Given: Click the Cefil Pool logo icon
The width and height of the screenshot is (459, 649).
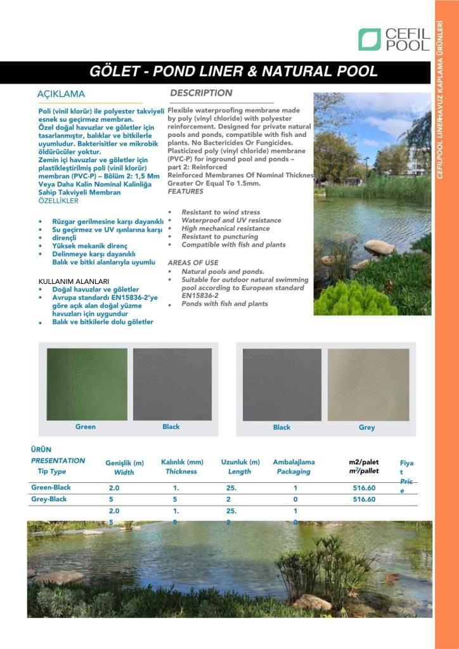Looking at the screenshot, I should (369, 39).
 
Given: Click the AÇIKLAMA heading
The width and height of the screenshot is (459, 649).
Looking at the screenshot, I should (61, 94).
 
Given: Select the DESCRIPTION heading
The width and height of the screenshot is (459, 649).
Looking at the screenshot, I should (201, 93).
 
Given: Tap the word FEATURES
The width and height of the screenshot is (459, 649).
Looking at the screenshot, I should (186, 191).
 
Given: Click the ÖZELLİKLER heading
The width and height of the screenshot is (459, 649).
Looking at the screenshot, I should (58, 201).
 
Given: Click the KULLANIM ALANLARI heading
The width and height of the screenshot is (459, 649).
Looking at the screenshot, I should (74, 280).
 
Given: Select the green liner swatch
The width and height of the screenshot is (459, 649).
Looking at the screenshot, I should (86, 384).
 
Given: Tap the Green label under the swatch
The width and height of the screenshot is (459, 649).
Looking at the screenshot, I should (86, 427).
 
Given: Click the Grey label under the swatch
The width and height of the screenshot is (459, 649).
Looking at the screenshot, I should (367, 427).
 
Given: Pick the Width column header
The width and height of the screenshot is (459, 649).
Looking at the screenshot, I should (124, 472).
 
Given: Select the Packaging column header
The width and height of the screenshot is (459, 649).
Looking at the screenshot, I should (294, 472).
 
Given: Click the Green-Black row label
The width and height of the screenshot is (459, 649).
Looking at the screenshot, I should (51, 487).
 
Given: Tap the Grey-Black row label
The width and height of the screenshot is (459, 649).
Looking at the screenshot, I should (49, 499).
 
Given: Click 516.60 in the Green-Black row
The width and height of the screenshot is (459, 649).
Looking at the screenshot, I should (364, 488).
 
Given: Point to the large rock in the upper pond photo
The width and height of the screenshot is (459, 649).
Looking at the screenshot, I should (379, 247).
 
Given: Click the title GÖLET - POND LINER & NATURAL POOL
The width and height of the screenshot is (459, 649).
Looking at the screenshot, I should (233, 72).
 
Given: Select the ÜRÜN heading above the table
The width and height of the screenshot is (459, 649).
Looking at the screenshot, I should (41, 449).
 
